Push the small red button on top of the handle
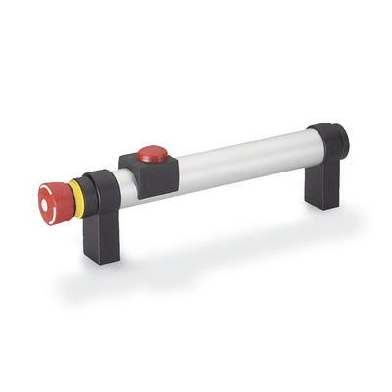[x=151, y=153]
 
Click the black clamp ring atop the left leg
[x=99, y=187]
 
